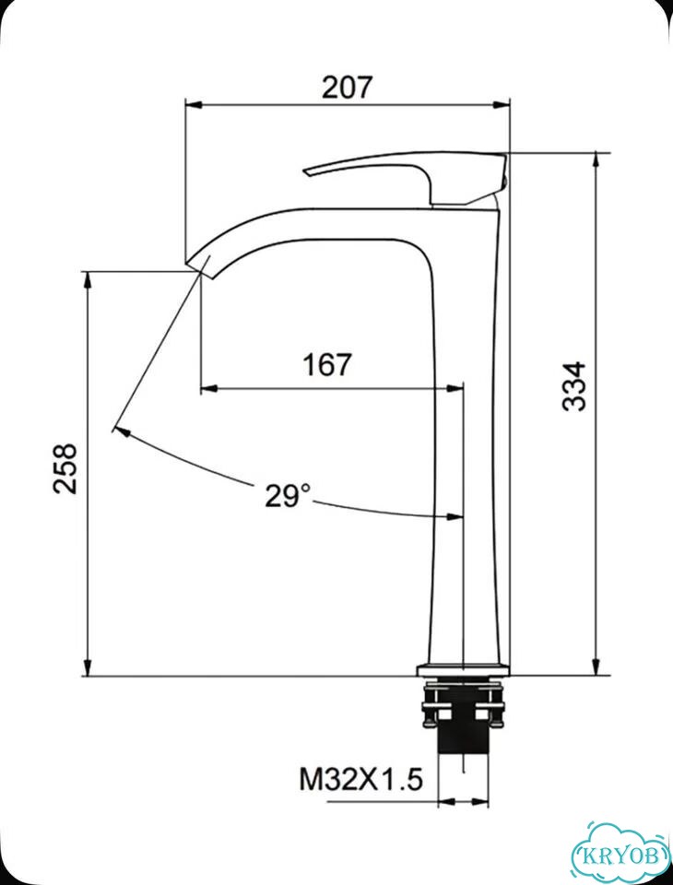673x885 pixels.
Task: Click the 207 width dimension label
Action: (348, 88)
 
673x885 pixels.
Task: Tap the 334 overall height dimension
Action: (574, 386)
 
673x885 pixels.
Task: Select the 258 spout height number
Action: (65, 469)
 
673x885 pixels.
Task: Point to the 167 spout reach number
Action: (327, 365)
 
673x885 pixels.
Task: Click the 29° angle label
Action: (288, 496)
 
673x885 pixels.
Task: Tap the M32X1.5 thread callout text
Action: (360, 781)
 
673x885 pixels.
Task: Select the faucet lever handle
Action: (407, 177)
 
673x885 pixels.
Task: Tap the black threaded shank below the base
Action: (463, 736)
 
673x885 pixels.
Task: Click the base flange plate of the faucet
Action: (464, 670)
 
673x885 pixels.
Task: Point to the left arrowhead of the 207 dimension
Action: (194, 105)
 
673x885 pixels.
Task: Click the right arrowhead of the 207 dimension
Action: (502, 105)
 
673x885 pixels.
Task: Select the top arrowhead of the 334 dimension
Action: (595, 160)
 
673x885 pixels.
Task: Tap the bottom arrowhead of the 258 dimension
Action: (87, 667)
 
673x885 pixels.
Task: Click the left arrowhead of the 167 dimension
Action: (209, 388)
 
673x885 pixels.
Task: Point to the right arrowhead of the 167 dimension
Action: (455, 388)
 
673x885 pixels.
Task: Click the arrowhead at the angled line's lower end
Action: (122, 432)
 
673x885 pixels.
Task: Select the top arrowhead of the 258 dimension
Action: (87, 280)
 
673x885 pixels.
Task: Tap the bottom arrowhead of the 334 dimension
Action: (595, 667)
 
